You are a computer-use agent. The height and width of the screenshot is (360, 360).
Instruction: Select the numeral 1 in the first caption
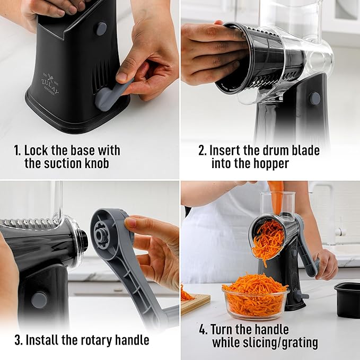(16, 151)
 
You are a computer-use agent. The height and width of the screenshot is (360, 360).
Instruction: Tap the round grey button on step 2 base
(315, 98)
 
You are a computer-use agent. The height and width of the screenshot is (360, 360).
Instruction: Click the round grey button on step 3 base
(38, 300)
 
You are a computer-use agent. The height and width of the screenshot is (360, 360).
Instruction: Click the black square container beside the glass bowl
(347, 299)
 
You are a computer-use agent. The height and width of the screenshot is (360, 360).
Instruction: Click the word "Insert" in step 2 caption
(225, 151)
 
